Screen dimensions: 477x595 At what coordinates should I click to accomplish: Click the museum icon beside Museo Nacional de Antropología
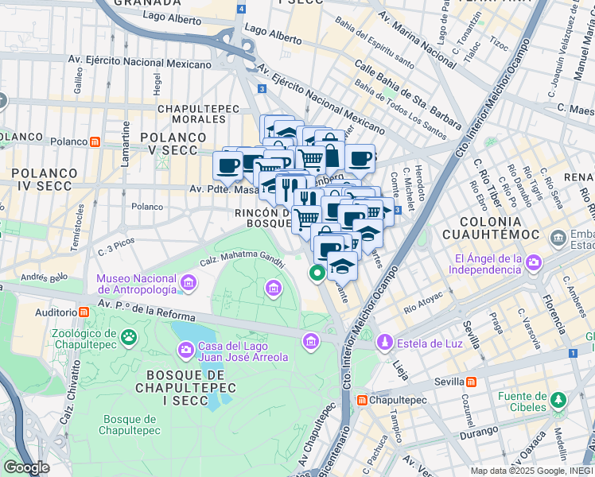(x=189, y=282)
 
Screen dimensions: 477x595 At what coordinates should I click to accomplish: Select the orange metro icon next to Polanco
(x=95, y=142)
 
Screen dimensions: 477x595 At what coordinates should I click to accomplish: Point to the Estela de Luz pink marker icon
(x=385, y=342)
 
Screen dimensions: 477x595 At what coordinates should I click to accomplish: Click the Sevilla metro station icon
(x=472, y=382)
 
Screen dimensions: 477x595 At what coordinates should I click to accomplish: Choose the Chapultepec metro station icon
(x=361, y=400)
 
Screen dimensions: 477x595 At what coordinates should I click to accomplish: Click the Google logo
(x=26, y=467)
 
